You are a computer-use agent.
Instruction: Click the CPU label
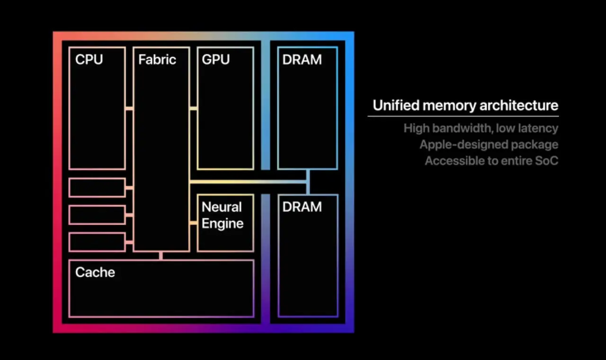pyautogui.click(x=89, y=59)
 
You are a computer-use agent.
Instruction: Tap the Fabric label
pyautogui.click(x=157, y=59)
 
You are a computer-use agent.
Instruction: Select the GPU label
pyautogui.click(x=215, y=59)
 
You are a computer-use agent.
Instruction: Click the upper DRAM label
pyautogui.click(x=302, y=59)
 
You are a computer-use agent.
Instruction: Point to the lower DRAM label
pyautogui.click(x=302, y=207)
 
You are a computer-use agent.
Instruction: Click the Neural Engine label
pyautogui.click(x=223, y=215)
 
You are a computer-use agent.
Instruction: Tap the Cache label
pyautogui.click(x=95, y=272)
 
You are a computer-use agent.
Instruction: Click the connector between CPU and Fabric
pyautogui.click(x=129, y=108)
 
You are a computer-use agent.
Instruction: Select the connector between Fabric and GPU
pyautogui.click(x=194, y=108)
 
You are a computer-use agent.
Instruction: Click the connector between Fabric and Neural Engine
pyautogui.click(x=194, y=223)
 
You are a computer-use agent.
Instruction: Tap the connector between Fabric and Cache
pyautogui.click(x=161, y=256)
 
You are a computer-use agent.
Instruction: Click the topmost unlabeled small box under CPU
pyautogui.click(x=97, y=188)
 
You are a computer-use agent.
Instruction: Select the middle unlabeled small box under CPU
pyautogui.click(x=97, y=215)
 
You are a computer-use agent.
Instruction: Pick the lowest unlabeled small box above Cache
pyautogui.click(x=97, y=242)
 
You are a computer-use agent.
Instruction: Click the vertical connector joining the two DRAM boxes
pyautogui.click(x=308, y=182)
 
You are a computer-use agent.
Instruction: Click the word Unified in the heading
pyautogui.click(x=396, y=105)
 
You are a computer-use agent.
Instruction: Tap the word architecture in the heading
pyautogui.click(x=519, y=106)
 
